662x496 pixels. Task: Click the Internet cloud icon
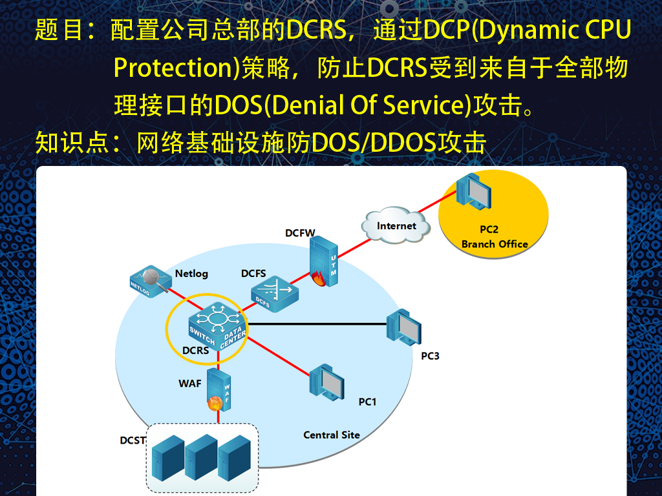(x=396, y=225)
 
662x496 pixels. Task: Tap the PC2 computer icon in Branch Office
(x=474, y=191)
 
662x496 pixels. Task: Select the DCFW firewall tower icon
(x=324, y=262)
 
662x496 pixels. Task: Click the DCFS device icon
(x=274, y=294)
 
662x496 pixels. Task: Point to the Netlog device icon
(x=149, y=282)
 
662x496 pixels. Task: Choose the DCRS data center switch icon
(x=217, y=326)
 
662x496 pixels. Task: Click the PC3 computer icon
(x=403, y=327)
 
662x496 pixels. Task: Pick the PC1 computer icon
(x=326, y=382)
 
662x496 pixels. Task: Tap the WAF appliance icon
(x=219, y=390)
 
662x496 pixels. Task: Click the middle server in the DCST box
(x=201, y=458)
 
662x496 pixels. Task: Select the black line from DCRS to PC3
(x=317, y=324)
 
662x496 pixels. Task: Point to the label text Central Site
(x=332, y=435)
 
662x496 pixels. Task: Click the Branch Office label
(x=495, y=243)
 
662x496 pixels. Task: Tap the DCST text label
(x=133, y=440)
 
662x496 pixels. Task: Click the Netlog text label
(x=191, y=274)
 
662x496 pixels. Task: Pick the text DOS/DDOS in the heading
(x=374, y=143)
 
